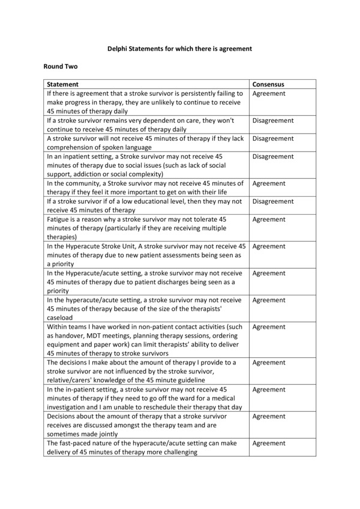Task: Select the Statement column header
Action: [63, 85]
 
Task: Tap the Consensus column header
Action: [268, 85]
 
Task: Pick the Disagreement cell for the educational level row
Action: [273, 201]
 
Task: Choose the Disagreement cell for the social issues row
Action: [273, 156]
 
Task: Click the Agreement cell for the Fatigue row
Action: [269, 219]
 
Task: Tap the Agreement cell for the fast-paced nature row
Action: [269, 443]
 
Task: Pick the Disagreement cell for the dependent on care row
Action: [273, 121]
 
